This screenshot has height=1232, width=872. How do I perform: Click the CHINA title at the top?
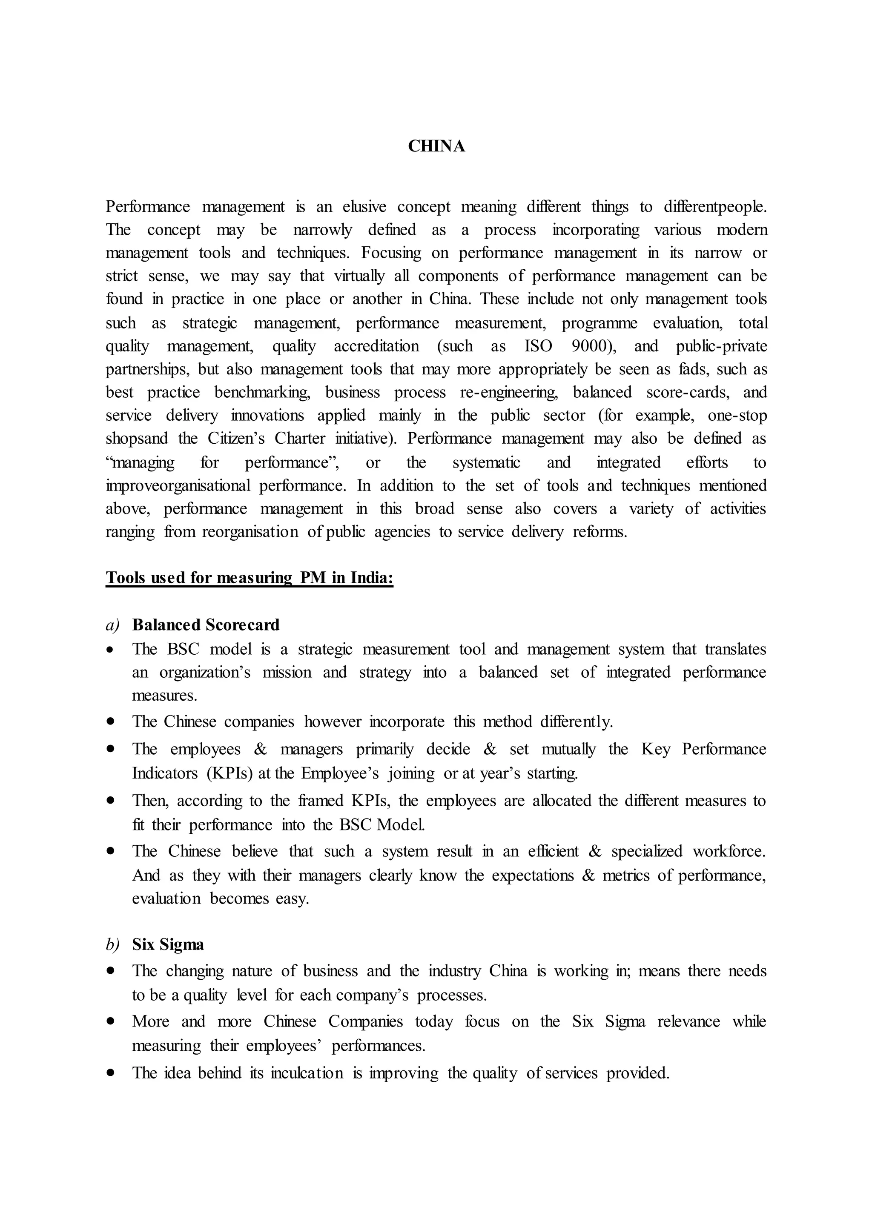click(x=436, y=146)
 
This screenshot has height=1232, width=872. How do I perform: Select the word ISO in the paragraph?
click(x=538, y=346)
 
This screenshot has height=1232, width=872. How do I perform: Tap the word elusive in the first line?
click(x=364, y=207)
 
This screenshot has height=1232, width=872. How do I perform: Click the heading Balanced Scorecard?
click(x=206, y=625)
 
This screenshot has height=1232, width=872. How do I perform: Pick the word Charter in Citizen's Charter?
click(x=300, y=439)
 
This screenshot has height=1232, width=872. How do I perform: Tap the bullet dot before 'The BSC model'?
click(x=111, y=650)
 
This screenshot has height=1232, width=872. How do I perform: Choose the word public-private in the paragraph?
click(x=721, y=346)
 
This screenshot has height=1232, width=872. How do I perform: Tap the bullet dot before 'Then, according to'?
click(x=111, y=801)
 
